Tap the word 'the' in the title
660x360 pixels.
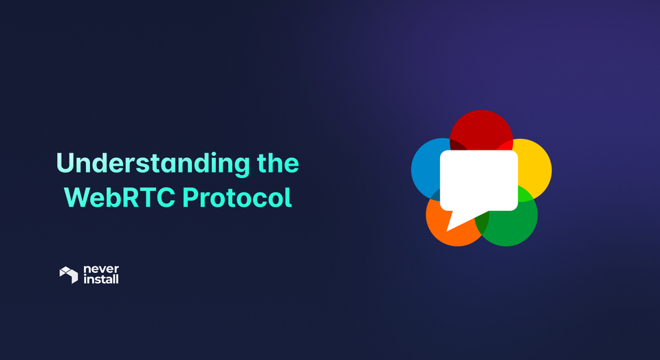[x=278, y=164]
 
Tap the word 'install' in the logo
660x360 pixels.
[x=100, y=280]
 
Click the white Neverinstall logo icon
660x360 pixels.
[x=69, y=275]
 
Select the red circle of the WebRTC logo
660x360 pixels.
[x=481, y=127]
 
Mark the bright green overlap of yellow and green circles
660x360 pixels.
[x=525, y=194]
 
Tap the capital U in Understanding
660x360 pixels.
[x=64, y=164]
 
